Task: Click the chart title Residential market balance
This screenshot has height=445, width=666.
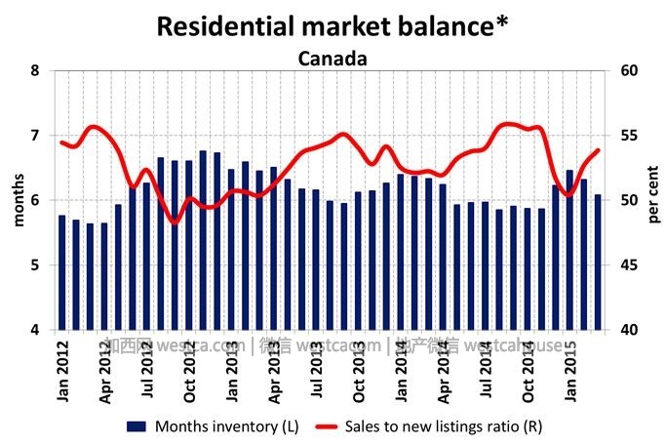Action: (333, 26)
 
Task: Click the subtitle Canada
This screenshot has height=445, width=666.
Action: (333, 59)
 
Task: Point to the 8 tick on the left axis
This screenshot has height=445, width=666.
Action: (35, 70)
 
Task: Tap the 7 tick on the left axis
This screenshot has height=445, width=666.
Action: (35, 136)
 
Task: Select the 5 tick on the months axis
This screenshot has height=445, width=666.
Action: (35, 265)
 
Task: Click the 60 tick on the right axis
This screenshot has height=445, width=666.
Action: (628, 70)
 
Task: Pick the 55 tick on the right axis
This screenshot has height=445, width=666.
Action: (628, 136)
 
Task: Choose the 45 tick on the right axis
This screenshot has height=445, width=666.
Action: (628, 265)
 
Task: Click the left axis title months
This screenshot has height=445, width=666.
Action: (17, 200)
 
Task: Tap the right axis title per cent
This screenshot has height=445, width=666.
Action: (653, 200)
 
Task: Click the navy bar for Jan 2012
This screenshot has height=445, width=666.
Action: (62, 272)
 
